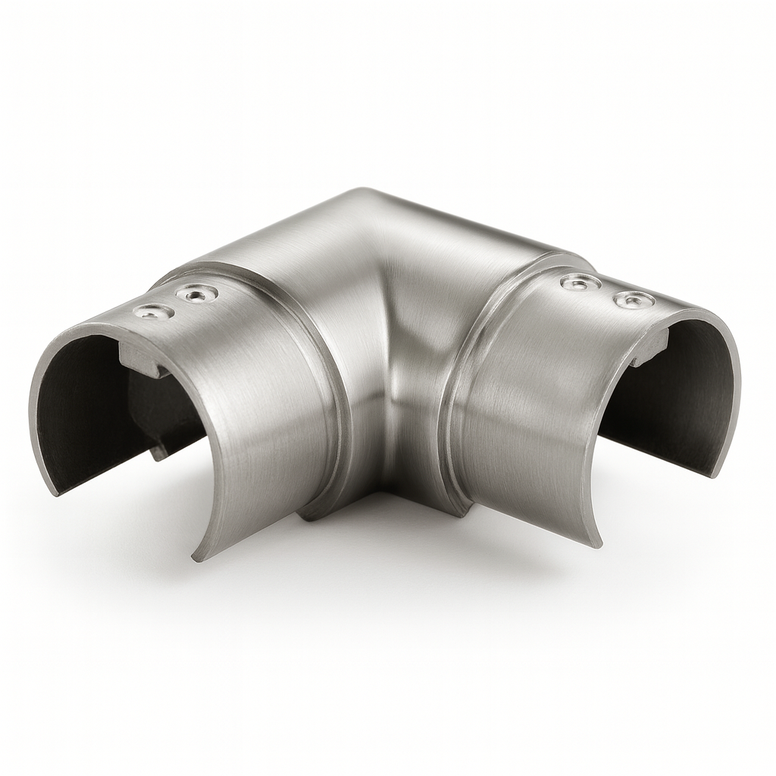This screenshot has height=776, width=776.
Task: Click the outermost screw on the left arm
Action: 152,311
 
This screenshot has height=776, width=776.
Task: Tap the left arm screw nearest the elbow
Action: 196,293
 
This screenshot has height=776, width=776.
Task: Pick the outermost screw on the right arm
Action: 634,299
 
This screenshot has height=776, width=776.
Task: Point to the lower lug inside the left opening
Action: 160,451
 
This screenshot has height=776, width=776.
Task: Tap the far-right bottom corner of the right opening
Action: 714,474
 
